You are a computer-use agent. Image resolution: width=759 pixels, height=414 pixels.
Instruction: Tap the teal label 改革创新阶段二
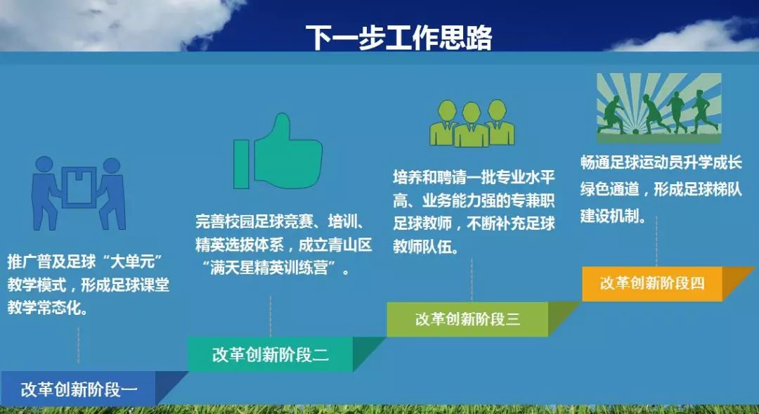pos(271,354)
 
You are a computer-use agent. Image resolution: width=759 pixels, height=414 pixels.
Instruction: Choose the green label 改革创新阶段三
pos(467,319)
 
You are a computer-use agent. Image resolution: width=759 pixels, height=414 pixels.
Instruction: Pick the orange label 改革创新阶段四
pos(651,283)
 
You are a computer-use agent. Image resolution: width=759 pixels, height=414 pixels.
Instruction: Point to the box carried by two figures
pos(79,188)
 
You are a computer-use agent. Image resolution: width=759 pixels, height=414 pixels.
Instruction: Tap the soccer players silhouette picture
pos(659,104)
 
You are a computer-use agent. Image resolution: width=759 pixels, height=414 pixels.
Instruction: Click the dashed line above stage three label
pos(472,280)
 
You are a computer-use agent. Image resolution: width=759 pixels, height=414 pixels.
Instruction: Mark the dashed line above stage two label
pos(271,316)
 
